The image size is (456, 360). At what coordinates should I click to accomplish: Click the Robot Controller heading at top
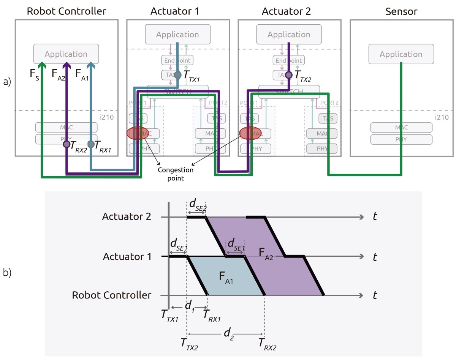pos(66,11)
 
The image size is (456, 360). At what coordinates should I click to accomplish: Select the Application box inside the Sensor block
pos(401,54)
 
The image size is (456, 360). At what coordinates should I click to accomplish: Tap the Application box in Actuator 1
pos(177,35)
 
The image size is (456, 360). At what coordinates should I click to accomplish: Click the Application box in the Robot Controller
pos(66,54)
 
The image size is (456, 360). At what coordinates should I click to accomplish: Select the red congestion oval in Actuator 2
pos(250,133)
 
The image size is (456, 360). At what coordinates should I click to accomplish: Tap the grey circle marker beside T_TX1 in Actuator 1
pos(178,75)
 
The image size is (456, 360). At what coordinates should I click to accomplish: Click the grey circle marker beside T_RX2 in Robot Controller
pos(66,144)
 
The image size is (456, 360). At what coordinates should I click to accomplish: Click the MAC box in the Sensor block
pos(401,128)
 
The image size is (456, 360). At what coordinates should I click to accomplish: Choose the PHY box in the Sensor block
pos(401,139)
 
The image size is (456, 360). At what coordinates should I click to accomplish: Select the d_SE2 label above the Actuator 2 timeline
pos(198,205)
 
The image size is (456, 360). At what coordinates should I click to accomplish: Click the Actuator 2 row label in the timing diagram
pos(127,217)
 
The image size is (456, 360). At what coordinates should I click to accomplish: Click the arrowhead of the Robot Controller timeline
pos(361,295)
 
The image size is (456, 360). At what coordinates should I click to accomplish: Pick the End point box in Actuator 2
pos(289,60)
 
